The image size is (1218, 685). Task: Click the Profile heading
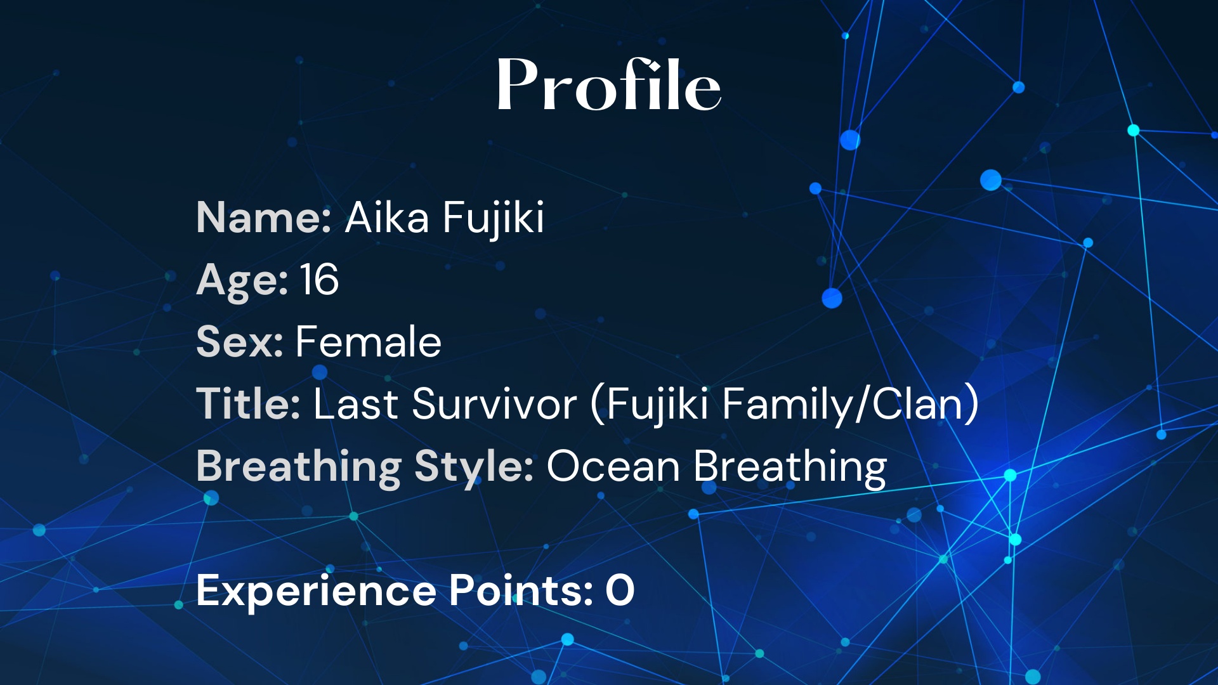[x=609, y=84]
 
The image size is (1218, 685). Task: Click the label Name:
[x=264, y=218]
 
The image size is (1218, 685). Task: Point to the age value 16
[x=319, y=280]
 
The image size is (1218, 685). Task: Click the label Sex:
[x=240, y=342]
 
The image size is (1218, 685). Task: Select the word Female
[x=369, y=341]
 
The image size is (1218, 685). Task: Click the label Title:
[x=248, y=403]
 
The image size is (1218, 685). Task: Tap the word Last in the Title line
[x=356, y=403]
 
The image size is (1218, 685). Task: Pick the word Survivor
[x=495, y=403]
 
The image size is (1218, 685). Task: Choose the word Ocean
[x=614, y=466]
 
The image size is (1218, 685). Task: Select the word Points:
[x=521, y=590]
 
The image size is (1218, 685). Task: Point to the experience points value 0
[x=620, y=590]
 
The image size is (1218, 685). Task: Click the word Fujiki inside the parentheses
[x=657, y=405]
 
